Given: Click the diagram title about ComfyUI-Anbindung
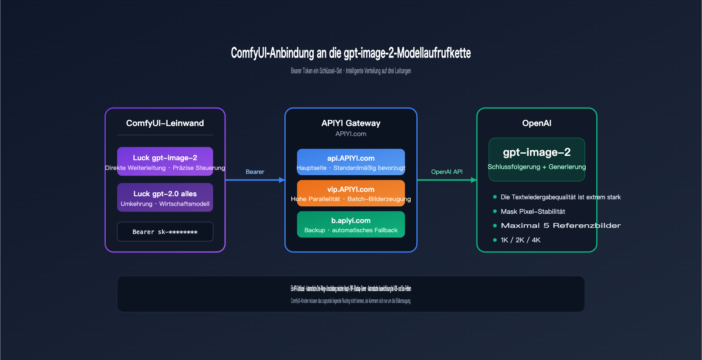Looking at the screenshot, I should tap(351, 53).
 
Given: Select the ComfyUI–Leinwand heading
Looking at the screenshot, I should tap(165, 123).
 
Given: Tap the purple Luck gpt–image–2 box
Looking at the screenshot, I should tap(165, 161).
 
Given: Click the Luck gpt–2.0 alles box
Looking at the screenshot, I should tap(165, 198).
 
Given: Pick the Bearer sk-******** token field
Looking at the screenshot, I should tap(165, 232).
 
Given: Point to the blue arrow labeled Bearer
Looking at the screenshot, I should tap(255, 180).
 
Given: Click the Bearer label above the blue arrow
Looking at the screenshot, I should tap(255, 172).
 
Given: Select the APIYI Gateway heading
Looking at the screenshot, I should tap(351, 123).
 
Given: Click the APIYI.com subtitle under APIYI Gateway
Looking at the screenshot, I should tap(351, 134).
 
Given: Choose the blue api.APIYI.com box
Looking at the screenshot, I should tap(351, 162).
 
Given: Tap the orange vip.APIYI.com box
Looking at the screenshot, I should tap(351, 193).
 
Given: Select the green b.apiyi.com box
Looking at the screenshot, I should tap(351, 224).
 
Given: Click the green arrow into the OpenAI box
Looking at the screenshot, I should tap(447, 180).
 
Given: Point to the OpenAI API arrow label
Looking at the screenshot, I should tap(447, 172).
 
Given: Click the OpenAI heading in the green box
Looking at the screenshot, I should tap(537, 123).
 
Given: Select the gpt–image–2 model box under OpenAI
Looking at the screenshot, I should tap(537, 159).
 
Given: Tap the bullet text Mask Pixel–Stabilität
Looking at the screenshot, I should tap(533, 212).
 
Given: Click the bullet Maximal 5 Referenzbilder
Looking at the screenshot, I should tap(560, 226).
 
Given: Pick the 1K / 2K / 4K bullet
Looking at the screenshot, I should tap(520, 240).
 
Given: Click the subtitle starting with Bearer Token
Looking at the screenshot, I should tap(351, 71).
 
